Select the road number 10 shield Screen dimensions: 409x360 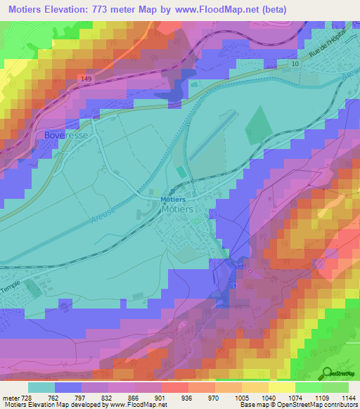pyautogui.click(x=295, y=64)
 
